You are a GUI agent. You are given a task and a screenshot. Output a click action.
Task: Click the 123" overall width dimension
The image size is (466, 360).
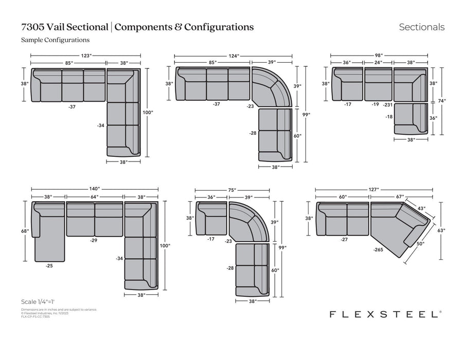pos(86,56)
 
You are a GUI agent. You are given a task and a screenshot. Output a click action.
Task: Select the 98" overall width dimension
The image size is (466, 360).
pos(379,56)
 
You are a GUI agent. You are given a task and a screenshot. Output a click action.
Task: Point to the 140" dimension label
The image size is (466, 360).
pos(94,189)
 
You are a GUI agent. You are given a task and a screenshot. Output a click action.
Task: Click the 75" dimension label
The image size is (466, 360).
pos(232,190)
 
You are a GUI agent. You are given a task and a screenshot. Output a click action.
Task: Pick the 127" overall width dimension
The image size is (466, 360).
pos(374,189)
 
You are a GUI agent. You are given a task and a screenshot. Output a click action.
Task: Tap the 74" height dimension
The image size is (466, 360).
pos(442,101)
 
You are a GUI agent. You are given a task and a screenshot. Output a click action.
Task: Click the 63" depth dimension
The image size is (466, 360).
pos(441,231)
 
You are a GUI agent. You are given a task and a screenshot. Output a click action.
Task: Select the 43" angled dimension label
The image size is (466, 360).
pos(421,208)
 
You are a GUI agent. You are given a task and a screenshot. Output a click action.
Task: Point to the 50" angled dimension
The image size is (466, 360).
pos(421,244)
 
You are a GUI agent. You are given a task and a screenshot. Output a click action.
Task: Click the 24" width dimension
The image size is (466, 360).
pos(378,63)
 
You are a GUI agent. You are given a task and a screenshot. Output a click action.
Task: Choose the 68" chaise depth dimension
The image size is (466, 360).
pos(25,231)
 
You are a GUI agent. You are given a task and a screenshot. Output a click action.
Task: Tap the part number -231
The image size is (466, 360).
pos(388,104)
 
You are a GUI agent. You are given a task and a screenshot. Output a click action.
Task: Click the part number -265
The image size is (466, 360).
pos(380,249)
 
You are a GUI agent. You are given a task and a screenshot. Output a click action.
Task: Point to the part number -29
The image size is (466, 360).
pos(93,241)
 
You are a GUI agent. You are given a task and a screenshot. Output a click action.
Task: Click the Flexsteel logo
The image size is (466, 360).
pos(385,314)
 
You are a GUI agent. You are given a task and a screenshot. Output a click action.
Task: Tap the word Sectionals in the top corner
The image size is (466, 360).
pos(422,27)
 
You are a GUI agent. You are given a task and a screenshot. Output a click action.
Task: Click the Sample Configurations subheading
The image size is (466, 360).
pos(56,40)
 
